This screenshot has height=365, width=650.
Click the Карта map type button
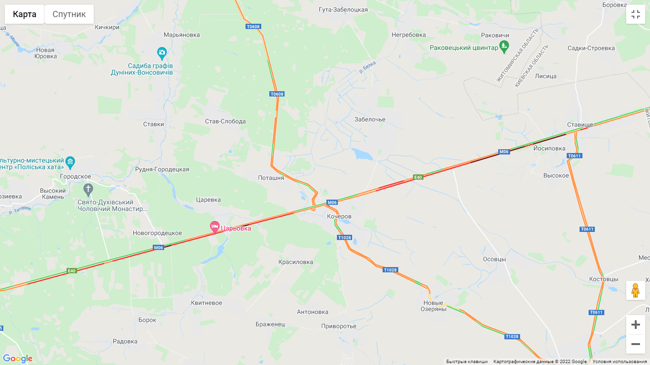click(25, 14)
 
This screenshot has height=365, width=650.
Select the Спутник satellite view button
click(69, 14)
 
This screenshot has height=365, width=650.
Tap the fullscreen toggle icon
click(636, 14)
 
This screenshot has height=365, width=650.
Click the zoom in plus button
click(636, 325)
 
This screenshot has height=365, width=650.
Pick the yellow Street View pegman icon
click(636, 290)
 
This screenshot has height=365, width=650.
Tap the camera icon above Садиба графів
click(162, 52)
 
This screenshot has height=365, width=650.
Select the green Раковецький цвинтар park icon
click(504, 47)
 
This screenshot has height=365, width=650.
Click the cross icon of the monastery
click(88, 190)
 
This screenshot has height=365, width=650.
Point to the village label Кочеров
click(339, 216)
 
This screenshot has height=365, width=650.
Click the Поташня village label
click(271, 178)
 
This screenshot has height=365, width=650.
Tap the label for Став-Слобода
click(226, 121)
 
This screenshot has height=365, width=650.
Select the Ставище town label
click(580, 125)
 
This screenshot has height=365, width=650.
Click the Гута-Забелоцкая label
click(343, 10)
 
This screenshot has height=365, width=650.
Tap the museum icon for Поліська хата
click(70, 162)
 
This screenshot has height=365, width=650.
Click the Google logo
click(18, 358)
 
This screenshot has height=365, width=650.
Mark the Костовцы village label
click(603, 279)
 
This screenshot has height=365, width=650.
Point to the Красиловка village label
click(295, 262)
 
